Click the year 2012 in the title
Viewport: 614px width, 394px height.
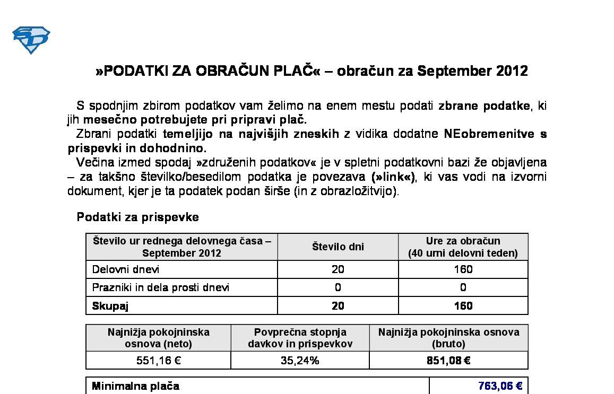tap(512, 71)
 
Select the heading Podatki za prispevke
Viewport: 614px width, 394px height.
tap(138, 217)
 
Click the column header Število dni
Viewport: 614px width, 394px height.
tap(338, 247)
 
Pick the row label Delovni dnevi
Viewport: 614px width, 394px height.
tap(126, 269)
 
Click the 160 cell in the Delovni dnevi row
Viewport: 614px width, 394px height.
tap(463, 269)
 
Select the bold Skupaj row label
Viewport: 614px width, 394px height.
tap(110, 305)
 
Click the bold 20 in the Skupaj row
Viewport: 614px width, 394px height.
tap(338, 305)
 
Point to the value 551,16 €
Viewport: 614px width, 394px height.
tap(159, 361)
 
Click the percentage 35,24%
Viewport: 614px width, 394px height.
tap(300, 361)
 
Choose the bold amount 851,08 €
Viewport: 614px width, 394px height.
tap(448, 361)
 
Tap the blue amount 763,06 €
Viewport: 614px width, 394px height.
tap(500, 386)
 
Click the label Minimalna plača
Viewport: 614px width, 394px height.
tap(135, 386)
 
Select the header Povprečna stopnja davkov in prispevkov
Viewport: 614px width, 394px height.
tap(300, 338)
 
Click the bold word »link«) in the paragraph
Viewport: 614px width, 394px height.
tap(393, 177)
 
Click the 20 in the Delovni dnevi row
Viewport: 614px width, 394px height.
tap(338, 269)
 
